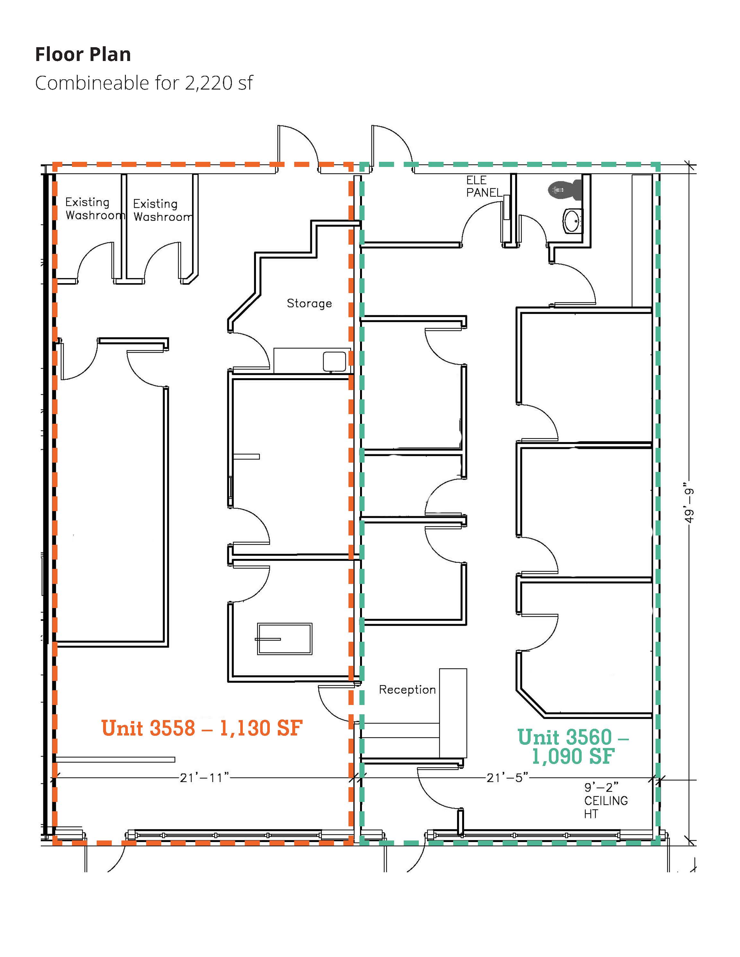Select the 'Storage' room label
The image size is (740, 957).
pyautogui.click(x=309, y=303)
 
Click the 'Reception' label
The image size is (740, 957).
pyautogui.click(x=407, y=689)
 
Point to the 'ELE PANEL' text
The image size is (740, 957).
pyautogui.click(x=484, y=186)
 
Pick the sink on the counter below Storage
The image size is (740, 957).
pyautogui.click(x=334, y=361)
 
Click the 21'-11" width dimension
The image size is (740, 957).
pyautogui.click(x=205, y=777)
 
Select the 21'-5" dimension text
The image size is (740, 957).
pyautogui.click(x=507, y=777)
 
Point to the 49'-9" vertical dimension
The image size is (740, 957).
pyautogui.click(x=690, y=505)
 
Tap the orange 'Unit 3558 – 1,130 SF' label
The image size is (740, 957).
pyautogui.click(x=202, y=728)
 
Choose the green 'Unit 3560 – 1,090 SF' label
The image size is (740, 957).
pyautogui.click(x=573, y=747)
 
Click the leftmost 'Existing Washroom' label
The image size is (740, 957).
pyautogui.click(x=95, y=209)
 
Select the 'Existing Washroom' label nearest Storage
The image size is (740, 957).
pyautogui.click(x=163, y=210)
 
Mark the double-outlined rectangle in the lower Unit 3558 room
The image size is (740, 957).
pyautogui.click(x=285, y=639)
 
